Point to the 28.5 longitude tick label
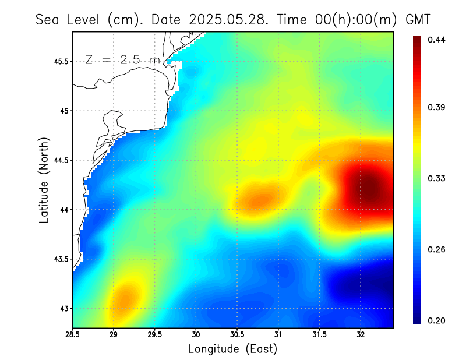pyautogui.click(x=73, y=334)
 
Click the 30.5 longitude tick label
pyautogui.click(x=237, y=334)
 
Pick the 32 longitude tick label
pyautogui.click(x=361, y=334)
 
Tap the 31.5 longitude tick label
pyautogui.click(x=319, y=334)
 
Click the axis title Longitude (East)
pyautogui.click(x=232, y=349)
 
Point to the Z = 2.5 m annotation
pyautogui.click(x=122, y=59)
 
